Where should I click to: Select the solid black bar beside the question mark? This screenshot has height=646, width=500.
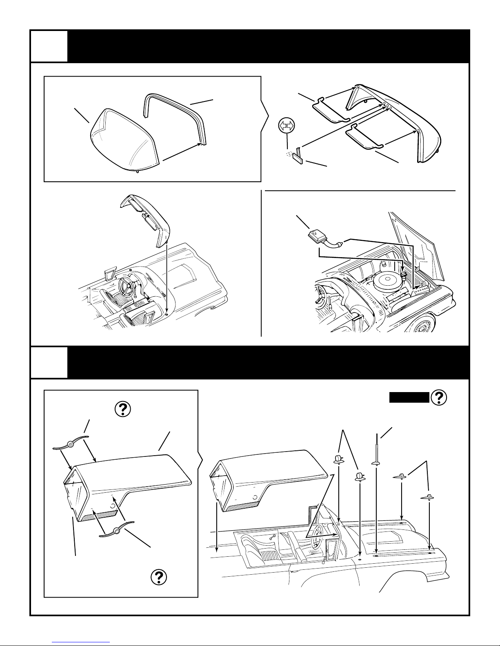pyautogui.click(x=409, y=397)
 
